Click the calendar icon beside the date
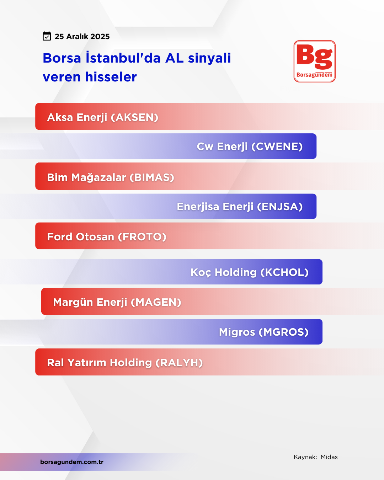[47, 36]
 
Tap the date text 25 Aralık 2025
[82, 37]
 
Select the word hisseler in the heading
[111, 77]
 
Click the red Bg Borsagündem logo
[315, 62]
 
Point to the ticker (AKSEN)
[134, 117]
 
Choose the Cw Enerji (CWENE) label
[250, 146]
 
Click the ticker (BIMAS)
[152, 177]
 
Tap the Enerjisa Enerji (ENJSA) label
[240, 207]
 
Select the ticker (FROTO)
[142, 237]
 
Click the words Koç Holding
[224, 272]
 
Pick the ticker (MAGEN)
[156, 303]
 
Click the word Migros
[237, 332]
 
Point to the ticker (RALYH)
[179, 363]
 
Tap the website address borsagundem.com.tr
[72, 462]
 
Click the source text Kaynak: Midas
[315, 457]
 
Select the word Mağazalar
[98, 177]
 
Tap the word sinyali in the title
[209, 58]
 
